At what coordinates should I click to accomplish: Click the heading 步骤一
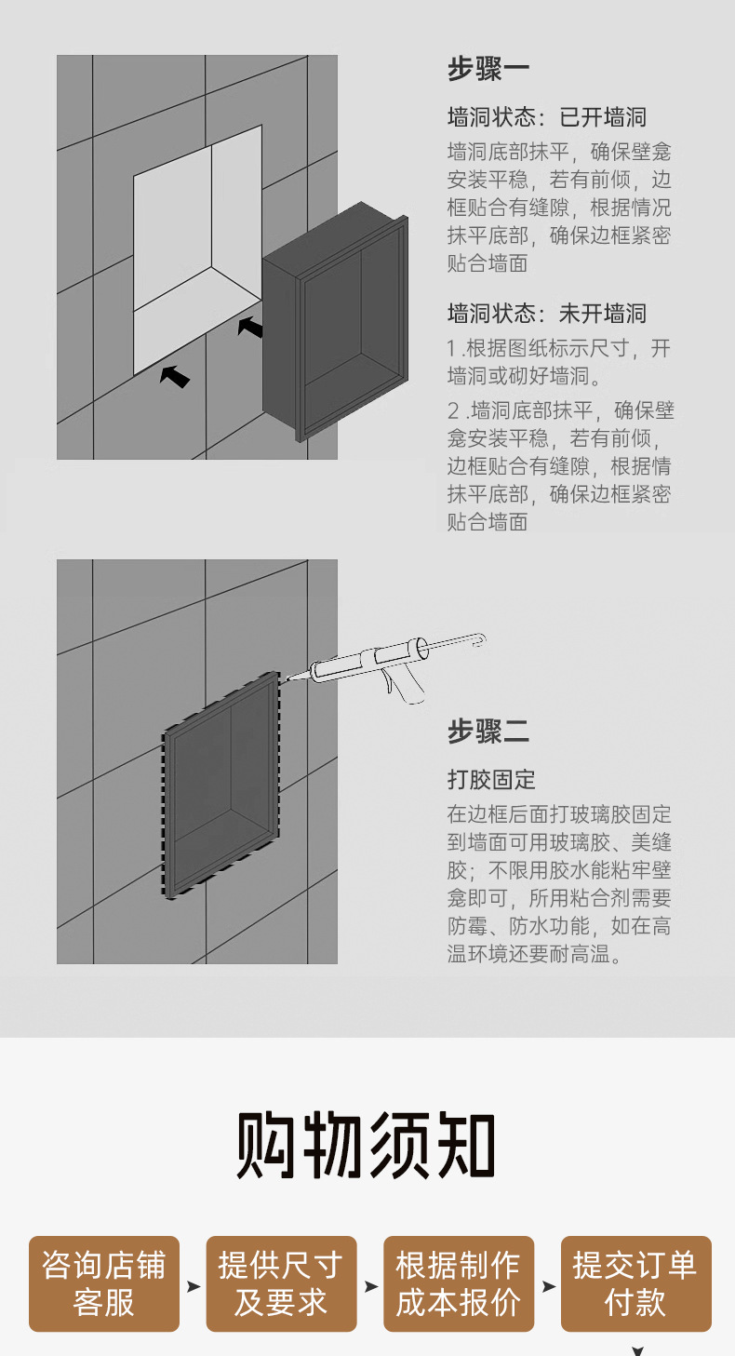point(488,70)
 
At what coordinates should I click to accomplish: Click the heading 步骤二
point(488,731)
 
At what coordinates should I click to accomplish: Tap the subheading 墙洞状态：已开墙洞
point(547,117)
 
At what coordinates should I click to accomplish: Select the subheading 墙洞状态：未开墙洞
point(547,313)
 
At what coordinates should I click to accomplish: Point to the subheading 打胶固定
point(491,779)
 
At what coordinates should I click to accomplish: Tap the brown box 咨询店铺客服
point(104,1283)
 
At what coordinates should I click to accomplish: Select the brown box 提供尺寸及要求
point(281,1283)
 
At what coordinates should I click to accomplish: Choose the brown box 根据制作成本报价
point(459,1283)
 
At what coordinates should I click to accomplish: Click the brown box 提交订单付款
point(635,1283)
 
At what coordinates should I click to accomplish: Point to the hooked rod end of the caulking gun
point(480,639)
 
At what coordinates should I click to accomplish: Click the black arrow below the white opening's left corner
point(175,375)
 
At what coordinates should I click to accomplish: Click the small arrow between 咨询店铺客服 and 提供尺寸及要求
point(193,1286)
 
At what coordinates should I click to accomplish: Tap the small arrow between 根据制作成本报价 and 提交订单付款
point(548,1286)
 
